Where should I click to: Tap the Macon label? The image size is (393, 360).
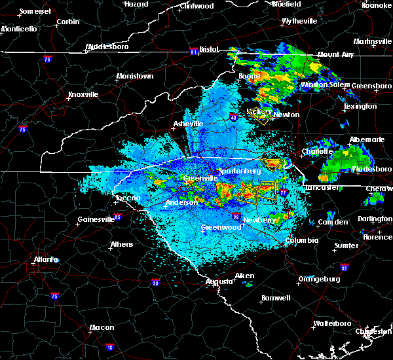[102, 327]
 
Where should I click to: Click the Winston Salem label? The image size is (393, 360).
[325, 85]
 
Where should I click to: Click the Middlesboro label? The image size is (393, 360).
[108, 47]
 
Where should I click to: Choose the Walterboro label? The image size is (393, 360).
[332, 323]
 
